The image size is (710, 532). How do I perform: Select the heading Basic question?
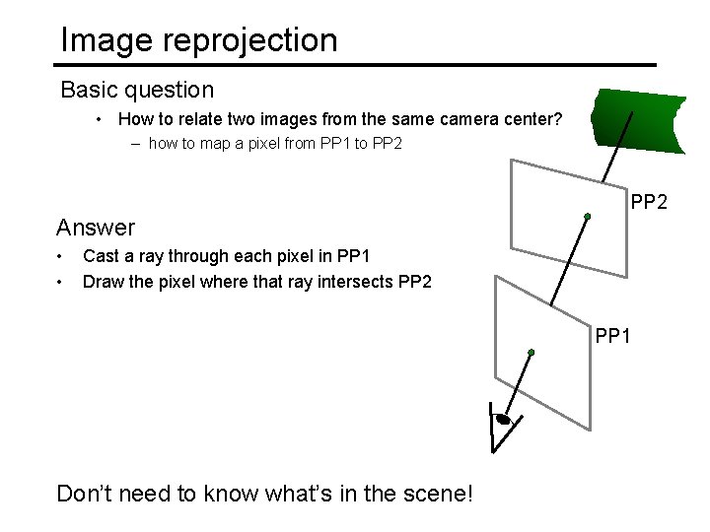137,90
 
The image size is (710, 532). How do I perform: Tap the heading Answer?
96,228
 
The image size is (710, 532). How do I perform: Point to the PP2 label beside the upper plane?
649,203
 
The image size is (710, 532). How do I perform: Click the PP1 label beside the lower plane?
613,337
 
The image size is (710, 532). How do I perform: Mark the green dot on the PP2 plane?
587,216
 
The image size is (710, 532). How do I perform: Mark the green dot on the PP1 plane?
531,352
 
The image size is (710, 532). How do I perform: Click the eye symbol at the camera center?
503,420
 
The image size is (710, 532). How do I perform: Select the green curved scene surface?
639,120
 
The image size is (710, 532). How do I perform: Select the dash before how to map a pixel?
137,144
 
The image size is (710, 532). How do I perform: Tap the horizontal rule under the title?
355,65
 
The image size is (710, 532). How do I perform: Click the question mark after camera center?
558,120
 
